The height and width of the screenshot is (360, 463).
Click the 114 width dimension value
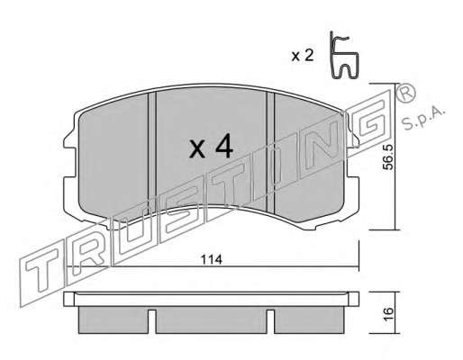[212, 259]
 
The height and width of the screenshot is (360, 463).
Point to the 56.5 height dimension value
[388, 157]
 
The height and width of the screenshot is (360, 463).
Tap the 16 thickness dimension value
[388, 314]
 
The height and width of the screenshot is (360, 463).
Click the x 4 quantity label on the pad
[212, 146]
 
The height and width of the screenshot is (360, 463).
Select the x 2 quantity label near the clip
[303, 56]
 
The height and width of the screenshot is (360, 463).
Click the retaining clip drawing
[343, 55]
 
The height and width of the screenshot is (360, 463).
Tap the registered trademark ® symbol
[406, 93]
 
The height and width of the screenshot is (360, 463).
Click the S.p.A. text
[422, 119]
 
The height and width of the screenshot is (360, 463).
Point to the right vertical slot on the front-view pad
[271, 151]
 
